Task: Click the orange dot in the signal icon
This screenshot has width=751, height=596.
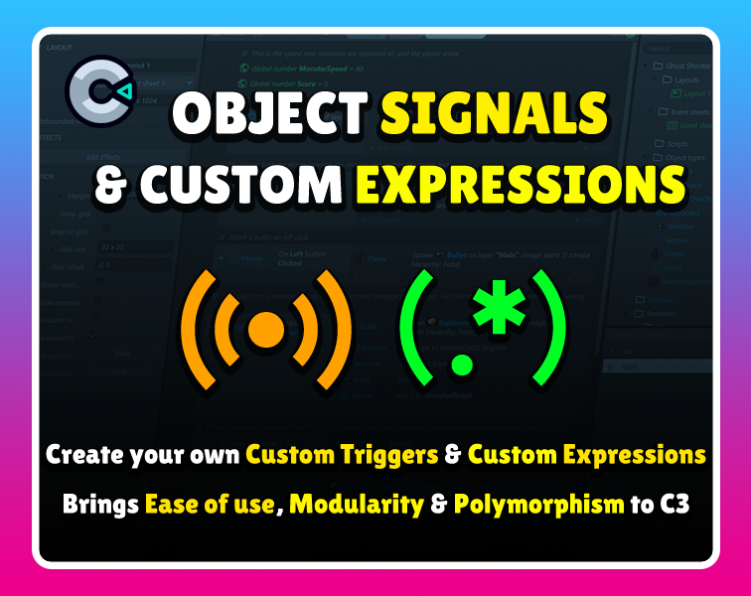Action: pyautogui.click(x=265, y=329)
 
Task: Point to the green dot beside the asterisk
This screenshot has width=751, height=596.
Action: pyautogui.click(x=459, y=364)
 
